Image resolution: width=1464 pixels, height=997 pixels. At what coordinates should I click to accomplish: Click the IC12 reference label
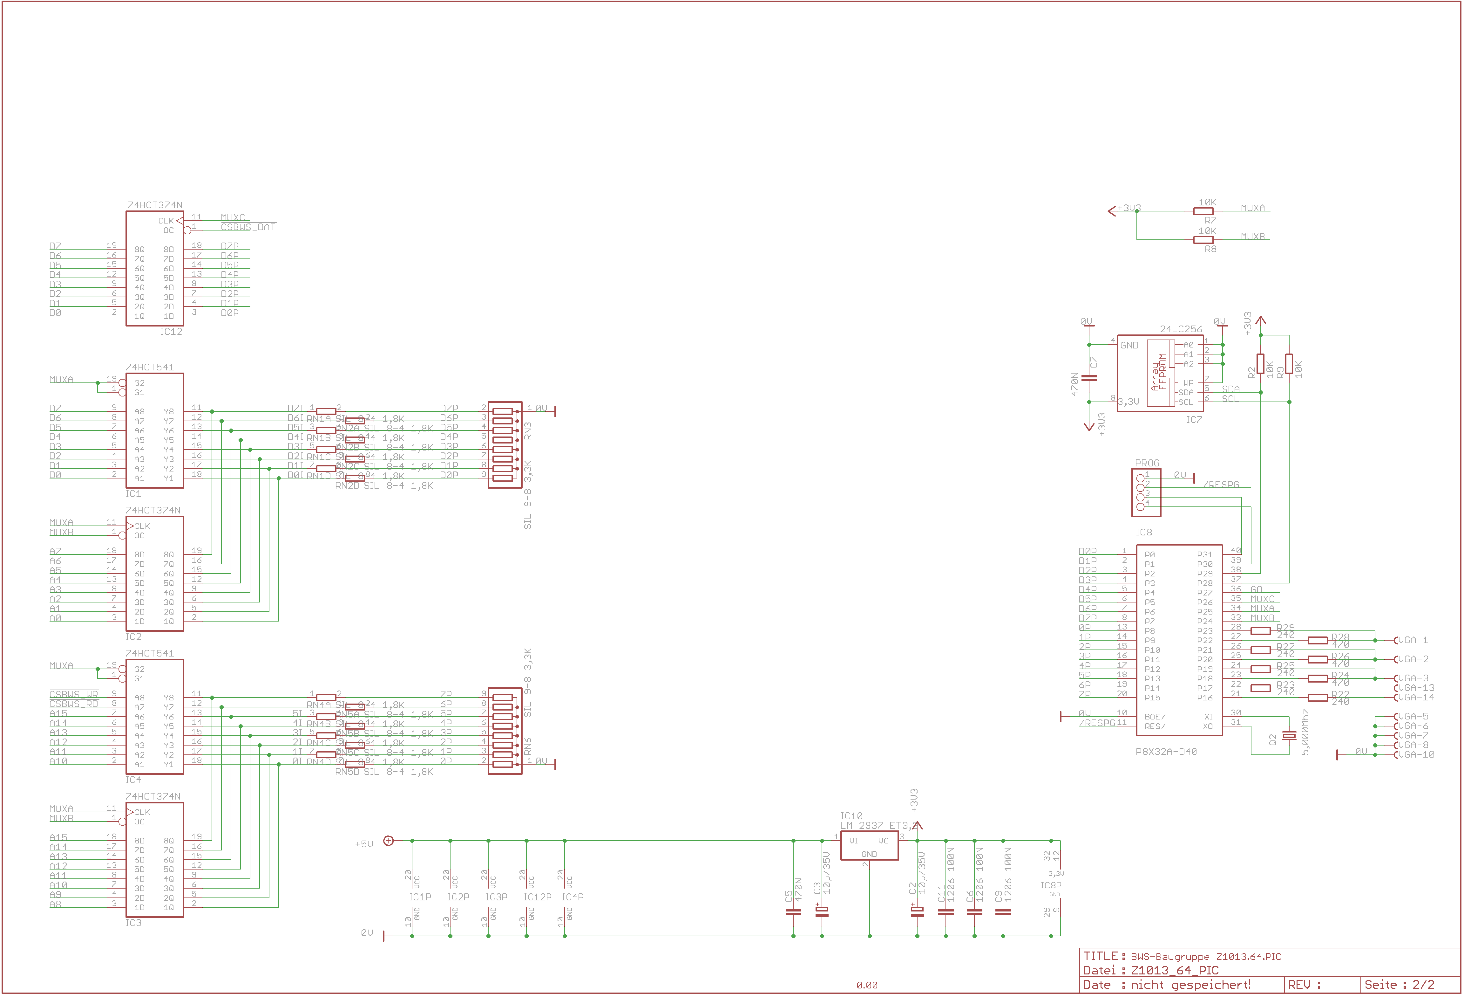click(171, 332)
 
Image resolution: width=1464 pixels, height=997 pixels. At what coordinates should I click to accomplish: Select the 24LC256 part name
click(1181, 329)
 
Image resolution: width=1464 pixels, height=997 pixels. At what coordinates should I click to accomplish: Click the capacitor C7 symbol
click(1088, 378)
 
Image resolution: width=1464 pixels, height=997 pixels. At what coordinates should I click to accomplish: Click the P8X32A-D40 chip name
click(1166, 751)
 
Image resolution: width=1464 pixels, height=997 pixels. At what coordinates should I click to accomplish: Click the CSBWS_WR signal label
click(74, 694)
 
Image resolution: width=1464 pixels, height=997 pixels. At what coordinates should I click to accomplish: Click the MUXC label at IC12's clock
click(233, 217)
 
